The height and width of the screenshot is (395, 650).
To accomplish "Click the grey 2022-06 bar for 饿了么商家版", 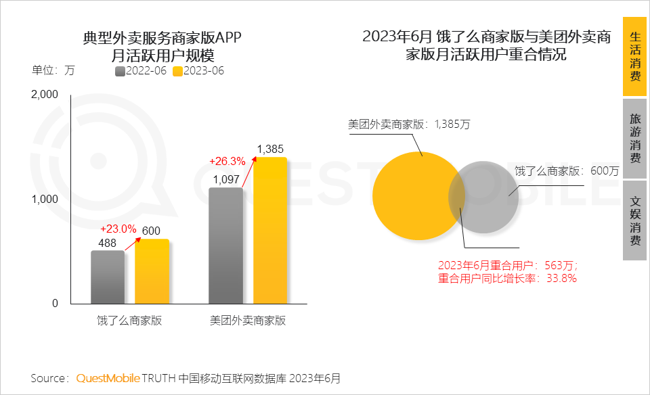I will coord(108,277).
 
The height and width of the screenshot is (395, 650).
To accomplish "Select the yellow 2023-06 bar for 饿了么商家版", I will coord(152,271).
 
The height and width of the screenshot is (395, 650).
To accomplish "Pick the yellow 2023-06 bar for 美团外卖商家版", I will coord(269,230).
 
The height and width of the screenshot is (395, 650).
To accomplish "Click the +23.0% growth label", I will coord(118,228).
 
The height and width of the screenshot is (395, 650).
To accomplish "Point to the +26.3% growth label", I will coord(227,161).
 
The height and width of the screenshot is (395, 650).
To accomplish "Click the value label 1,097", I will coord(226,179).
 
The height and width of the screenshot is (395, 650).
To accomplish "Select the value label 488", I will coord(108,243).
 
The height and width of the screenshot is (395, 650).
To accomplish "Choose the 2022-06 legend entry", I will coord(142,70).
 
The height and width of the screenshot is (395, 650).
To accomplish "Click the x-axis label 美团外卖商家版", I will coord(248,321).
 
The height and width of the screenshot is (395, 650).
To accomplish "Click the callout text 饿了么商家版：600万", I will coord(566,171).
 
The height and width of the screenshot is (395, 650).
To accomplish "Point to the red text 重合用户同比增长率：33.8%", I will coord(507,278).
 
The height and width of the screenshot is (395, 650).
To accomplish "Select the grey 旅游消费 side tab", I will coord(634,139).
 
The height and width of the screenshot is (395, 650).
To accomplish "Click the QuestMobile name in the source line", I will coord(108,377).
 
